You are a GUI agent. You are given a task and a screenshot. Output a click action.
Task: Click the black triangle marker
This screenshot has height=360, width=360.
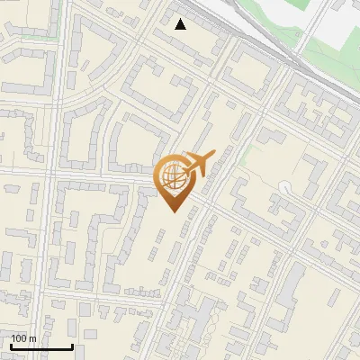tap(181, 24)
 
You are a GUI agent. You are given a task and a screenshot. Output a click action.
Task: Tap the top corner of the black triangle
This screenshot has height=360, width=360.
tap(181, 19)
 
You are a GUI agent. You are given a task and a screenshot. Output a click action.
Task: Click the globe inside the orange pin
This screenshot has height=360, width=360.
tap(172, 175)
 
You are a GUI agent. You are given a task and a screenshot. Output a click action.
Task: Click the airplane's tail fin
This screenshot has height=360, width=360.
tap(187, 157)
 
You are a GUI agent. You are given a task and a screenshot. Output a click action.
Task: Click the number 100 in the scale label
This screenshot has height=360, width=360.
tap(19, 338)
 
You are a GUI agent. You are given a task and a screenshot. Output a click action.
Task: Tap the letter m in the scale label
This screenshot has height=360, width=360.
tap(32, 338)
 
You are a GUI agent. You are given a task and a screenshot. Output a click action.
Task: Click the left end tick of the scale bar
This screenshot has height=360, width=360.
tap(10, 346)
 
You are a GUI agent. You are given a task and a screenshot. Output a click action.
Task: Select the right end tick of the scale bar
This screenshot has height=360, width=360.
tap(72, 346)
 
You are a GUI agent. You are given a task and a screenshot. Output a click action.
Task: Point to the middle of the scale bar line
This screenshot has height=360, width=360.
tap(40, 347)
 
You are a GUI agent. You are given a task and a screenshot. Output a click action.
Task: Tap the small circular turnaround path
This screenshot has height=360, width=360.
tap(285, 187)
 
